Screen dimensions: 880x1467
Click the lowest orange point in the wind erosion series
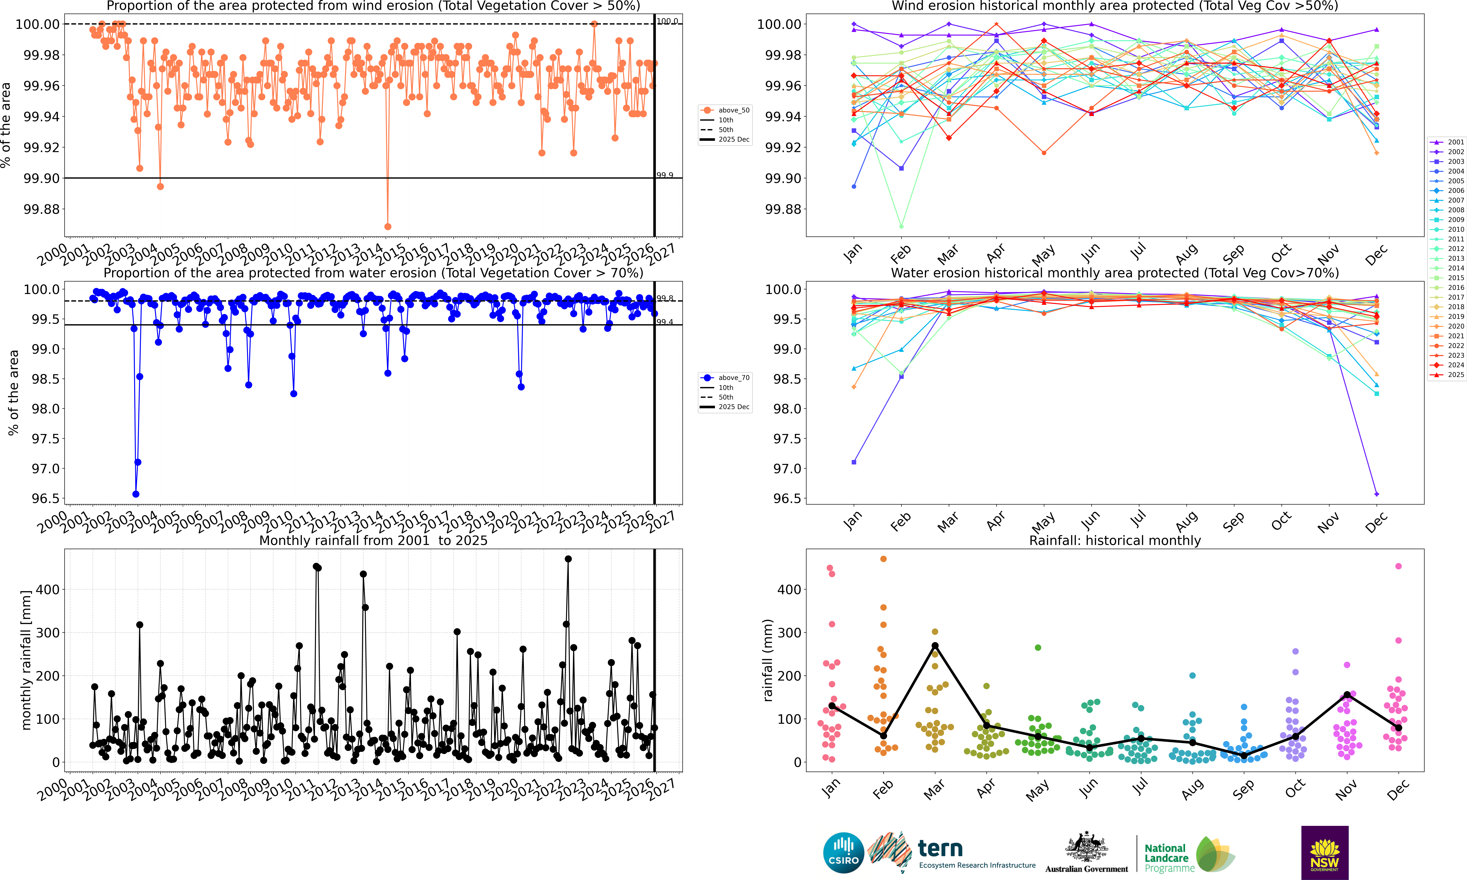(388, 227)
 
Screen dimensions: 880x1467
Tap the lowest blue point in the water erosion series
(136, 494)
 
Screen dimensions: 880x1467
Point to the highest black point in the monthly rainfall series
(568, 559)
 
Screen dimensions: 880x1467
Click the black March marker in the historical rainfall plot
(935, 646)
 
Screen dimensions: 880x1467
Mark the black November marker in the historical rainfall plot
(1347, 694)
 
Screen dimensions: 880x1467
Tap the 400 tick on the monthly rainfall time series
(48, 589)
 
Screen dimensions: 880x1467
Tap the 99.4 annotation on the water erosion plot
(665, 322)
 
